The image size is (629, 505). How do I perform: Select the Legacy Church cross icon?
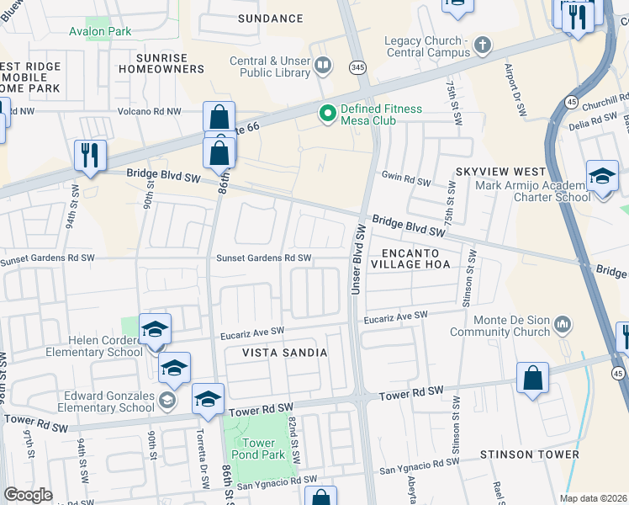pyautogui.click(x=483, y=44)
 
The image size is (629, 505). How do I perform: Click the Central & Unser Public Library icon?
pyautogui.click(x=323, y=64)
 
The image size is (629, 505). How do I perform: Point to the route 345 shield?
pyautogui.click(x=358, y=66)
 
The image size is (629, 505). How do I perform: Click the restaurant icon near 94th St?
pyautogui.click(x=90, y=156)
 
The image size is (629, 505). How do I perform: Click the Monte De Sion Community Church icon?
pyautogui.click(x=564, y=324)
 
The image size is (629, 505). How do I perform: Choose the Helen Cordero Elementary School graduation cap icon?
pyautogui.click(x=155, y=330)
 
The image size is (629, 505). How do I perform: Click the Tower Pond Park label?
pyautogui.click(x=258, y=449)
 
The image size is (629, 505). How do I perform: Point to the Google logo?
pyautogui.click(x=28, y=495)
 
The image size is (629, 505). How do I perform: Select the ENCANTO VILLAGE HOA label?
pyautogui.click(x=416, y=258)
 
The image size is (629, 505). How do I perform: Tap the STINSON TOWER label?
pyautogui.click(x=519, y=454)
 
